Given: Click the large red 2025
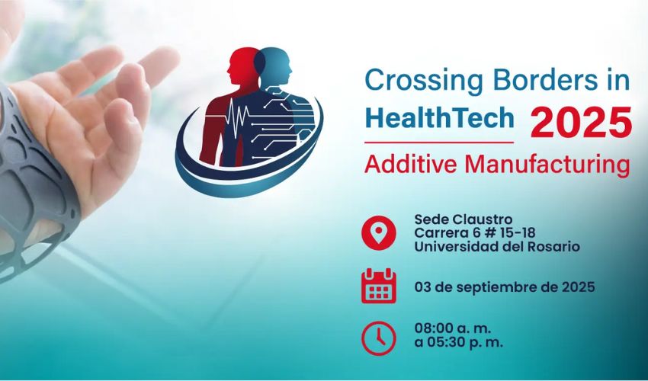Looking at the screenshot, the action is pyautogui.click(x=581, y=123).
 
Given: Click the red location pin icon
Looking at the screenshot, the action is pyautogui.click(x=379, y=232).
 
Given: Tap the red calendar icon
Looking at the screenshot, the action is pyautogui.click(x=379, y=286).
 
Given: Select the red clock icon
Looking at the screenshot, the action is pyautogui.click(x=379, y=338).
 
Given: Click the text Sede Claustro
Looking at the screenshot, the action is pyautogui.click(x=464, y=219).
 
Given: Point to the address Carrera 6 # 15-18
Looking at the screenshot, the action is pyautogui.click(x=475, y=233).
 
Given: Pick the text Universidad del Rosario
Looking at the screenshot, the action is pyautogui.click(x=497, y=247).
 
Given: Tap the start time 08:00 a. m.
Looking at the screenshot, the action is pyautogui.click(x=453, y=328).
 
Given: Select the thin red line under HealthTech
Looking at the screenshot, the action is pyautogui.click(x=439, y=142).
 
